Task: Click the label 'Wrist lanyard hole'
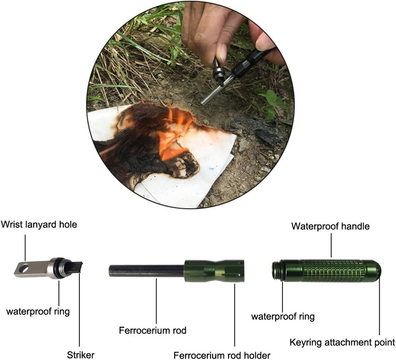(x=39, y=225)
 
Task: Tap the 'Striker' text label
(x=81, y=354)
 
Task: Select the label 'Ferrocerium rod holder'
(x=222, y=355)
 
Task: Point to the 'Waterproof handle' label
(x=330, y=226)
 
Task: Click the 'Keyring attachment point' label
(x=342, y=342)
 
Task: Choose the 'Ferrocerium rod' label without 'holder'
(x=153, y=330)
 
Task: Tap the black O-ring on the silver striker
(x=59, y=269)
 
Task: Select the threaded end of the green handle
(x=278, y=270)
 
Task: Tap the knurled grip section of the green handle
(x=332, y=271)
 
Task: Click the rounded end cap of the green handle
(x=375, y=270)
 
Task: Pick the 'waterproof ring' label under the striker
(x=38, y=311)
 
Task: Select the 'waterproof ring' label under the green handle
(x=283, y=316)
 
